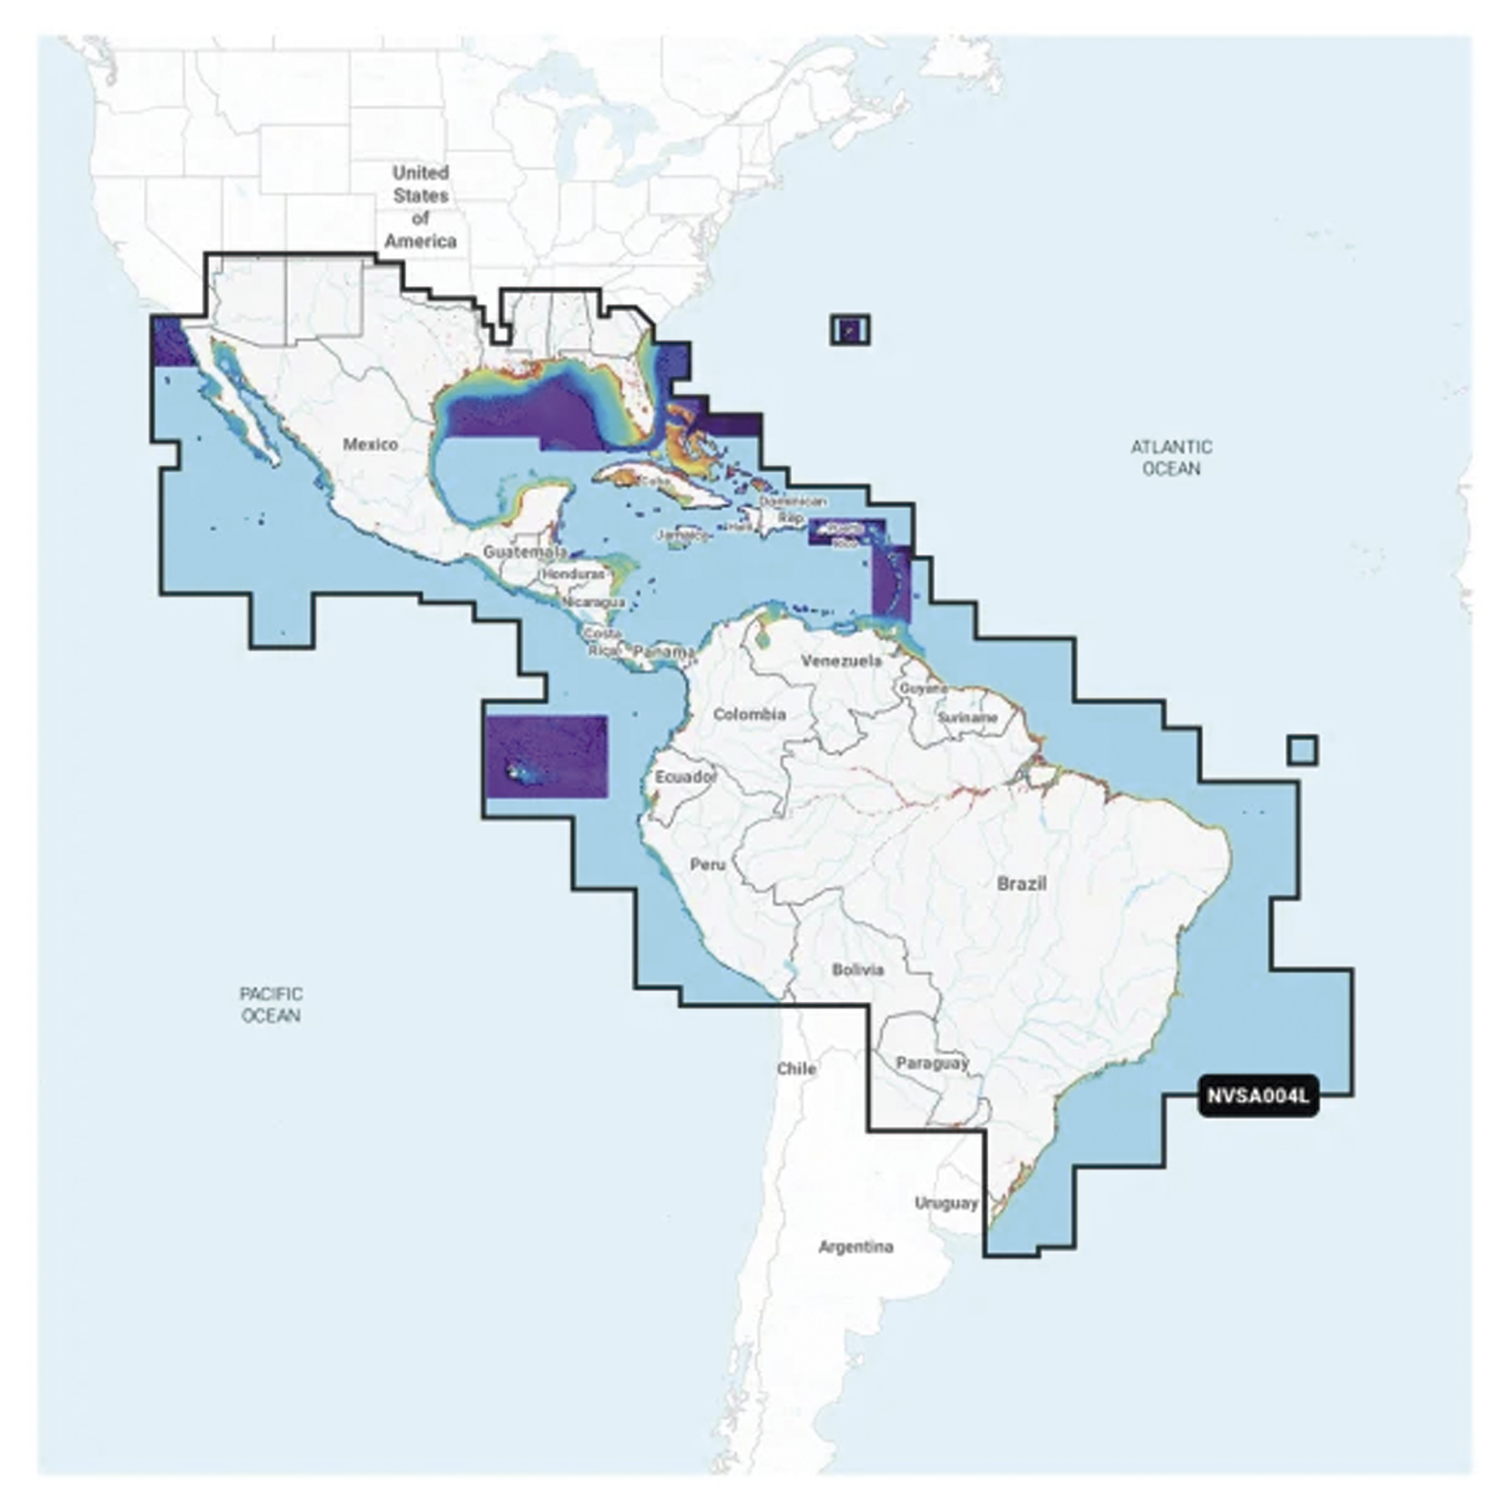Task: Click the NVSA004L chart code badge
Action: (1258, 1096)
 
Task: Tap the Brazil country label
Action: (1022, 884)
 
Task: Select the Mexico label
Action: (371, 445)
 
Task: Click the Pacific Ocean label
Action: (270, 1004)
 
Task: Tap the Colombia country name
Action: (750, 713)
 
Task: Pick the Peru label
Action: (708, 864)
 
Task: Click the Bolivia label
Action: (858, 969)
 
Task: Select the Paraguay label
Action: (932, 1063)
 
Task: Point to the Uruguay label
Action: (947, 1203)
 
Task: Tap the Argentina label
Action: (856, 1247)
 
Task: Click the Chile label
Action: (797, 1068)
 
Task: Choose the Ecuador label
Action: (686, 777)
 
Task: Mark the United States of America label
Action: (421, 206)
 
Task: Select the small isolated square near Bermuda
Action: (850, 329)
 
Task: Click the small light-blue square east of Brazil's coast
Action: (1302, 750)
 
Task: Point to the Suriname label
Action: (968, 716)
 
